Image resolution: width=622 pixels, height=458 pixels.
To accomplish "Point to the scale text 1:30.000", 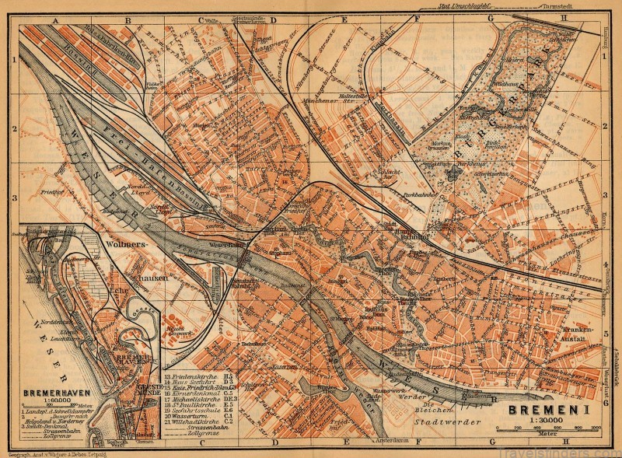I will pos(545,423).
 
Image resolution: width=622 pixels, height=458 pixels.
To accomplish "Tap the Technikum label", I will pos(250,343).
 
